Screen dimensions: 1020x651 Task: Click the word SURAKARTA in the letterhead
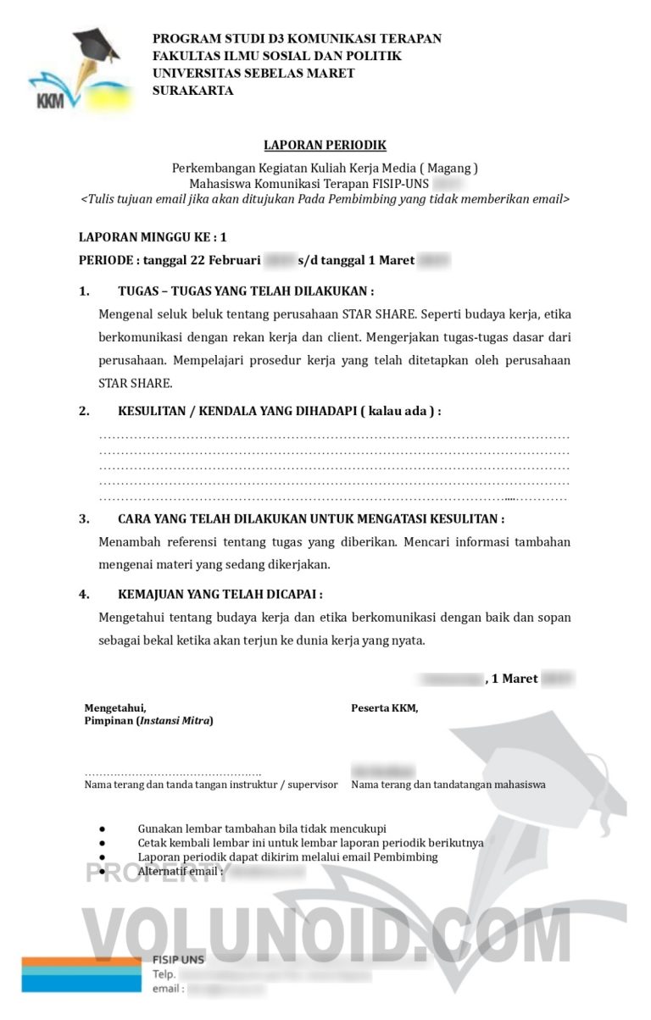(x=192, y=91)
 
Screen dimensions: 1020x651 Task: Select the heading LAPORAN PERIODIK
(x=325, y=146)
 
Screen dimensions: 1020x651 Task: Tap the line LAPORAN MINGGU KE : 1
(x=153, y=238)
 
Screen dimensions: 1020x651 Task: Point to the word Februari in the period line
(x=236, y=261)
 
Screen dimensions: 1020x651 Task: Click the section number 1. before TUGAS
(x=85, y=291)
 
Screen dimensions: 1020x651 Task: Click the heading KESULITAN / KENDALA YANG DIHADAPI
(x=279, y=412)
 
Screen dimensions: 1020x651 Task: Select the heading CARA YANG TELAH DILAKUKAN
(x=311, y=519)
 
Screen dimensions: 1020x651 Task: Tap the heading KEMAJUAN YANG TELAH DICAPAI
(x=220, y=595)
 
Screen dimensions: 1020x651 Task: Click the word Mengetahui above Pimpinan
(x=115, y=708)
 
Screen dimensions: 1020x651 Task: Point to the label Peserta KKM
(x=385, y=708)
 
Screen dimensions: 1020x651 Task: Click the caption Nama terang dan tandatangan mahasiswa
(x=448, y=784)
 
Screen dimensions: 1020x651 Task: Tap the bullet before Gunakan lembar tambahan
(x=102, y=829)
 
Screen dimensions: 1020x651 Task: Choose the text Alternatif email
(x=180, y=871)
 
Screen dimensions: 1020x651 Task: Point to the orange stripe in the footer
(x=81, y=962)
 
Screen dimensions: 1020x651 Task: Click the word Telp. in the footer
(x=164, y=974)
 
